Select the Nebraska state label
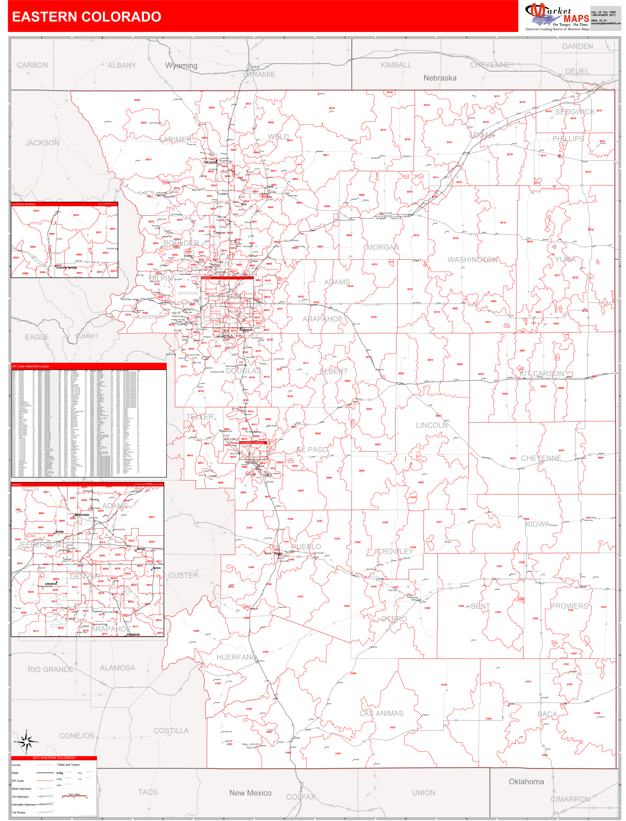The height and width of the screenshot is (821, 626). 440,78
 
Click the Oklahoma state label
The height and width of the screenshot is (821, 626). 526,781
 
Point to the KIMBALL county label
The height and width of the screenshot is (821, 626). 396,65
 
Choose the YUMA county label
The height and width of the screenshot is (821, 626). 565,260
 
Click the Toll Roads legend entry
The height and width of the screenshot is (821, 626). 19,812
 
